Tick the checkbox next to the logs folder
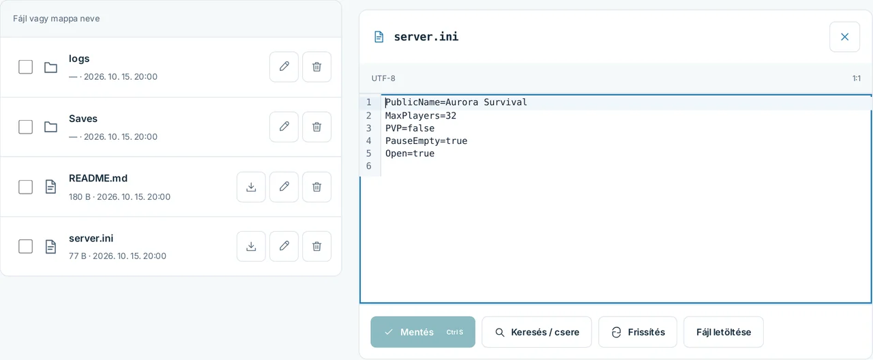pos(26,67)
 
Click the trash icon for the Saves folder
pos(317,127)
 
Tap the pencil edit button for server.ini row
pos(284,246)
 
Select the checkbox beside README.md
pos(26,187)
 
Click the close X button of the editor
pos(844,37)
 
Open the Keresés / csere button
pos(537,332)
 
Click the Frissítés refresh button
pos(638,332)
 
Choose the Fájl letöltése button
pos(724,332)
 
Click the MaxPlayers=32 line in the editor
pos(421,116)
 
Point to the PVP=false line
pos(410,128)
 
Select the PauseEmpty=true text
pos(426,140)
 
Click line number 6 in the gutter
pos(369,166)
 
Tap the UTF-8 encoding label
pos(383,78)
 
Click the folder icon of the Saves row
pos(50,127)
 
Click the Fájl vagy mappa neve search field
pos(171,18)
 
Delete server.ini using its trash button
pos(317,246)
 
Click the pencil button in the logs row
pos(284,67)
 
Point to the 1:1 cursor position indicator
pos(856,78)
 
